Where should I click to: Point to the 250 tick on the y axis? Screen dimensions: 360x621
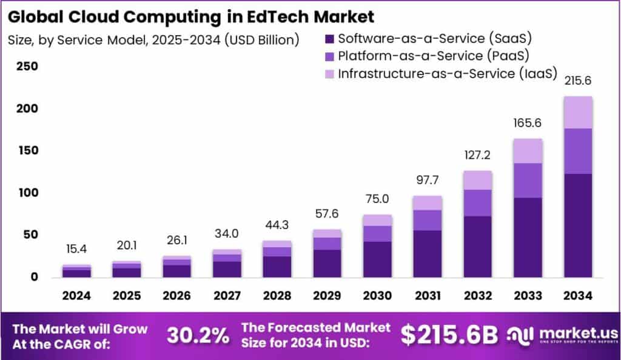point(27,66)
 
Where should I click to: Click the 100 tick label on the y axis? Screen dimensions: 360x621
point(27,193)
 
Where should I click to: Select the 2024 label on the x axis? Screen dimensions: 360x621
point(76,296)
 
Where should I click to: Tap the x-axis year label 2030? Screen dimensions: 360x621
point(377,296)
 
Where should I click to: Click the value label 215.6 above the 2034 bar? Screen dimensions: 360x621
point(578,81)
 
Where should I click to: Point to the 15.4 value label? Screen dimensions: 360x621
point(76,249)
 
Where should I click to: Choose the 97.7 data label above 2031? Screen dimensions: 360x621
point(428,180)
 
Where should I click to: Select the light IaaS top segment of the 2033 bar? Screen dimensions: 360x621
point(528,150)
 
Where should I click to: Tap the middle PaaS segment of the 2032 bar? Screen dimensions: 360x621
point(477,202)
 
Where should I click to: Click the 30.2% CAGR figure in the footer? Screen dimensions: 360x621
point(198,335)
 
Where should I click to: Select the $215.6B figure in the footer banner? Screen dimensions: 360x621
point(449,335)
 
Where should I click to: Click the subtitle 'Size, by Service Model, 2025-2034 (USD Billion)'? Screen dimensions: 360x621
point(154,41)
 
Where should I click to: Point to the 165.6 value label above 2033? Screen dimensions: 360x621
point(528,123)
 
